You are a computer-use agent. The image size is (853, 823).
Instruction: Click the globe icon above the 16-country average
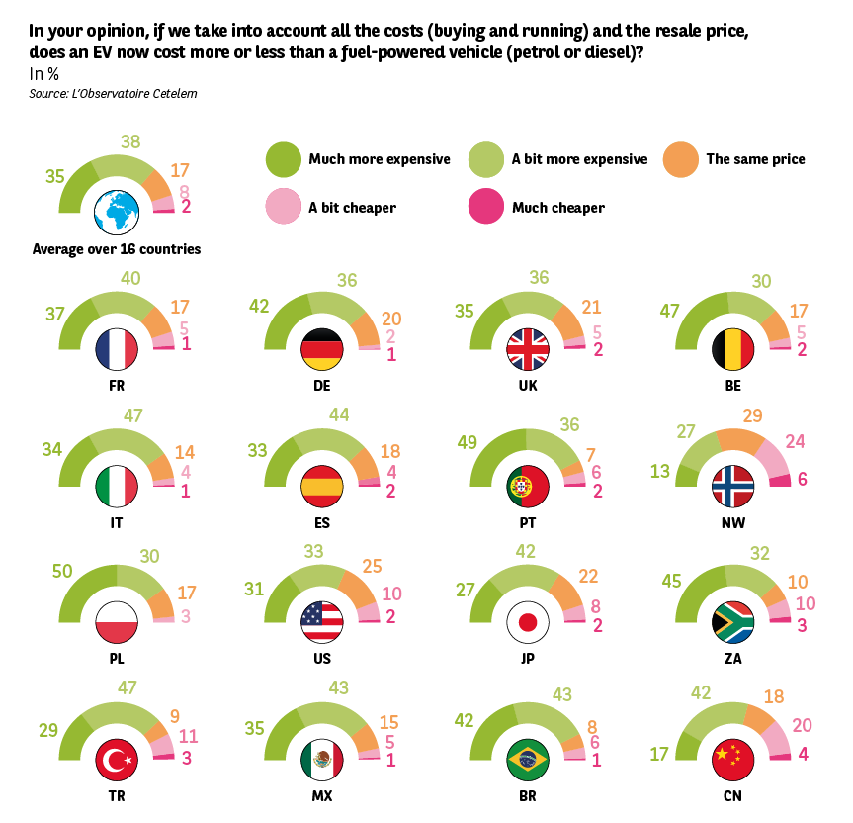click(116, 212)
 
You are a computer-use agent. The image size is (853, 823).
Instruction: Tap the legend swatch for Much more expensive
click(283, 158)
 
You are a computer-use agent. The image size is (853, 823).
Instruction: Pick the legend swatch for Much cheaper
click(485, 208)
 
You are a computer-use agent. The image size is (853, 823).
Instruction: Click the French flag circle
click(116, 349)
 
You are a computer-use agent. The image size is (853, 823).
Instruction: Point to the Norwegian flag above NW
click(732, 486)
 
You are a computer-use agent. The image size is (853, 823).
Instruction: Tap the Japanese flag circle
click(527, 623)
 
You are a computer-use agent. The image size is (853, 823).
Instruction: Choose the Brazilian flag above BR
click(527, 760)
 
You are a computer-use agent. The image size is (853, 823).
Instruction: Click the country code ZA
click(732, 658)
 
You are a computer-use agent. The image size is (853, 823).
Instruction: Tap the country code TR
click(116, 794)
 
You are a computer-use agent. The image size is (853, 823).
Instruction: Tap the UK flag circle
click(527, 349)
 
